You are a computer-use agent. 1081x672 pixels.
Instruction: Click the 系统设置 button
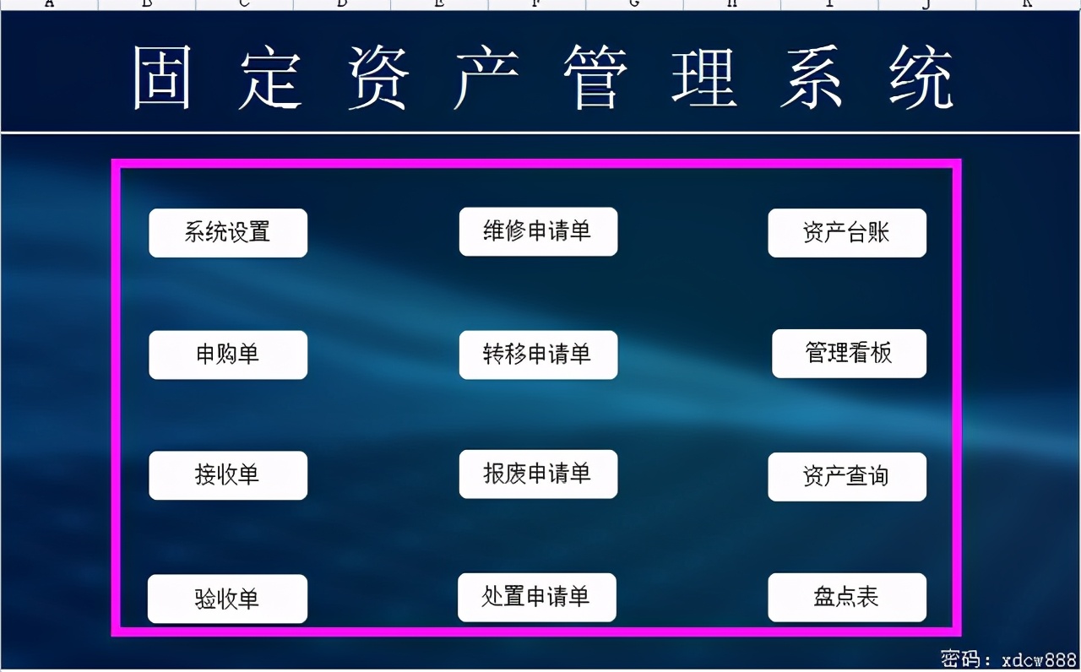pos(228,232)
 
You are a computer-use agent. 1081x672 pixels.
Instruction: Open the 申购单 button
pos(228,355)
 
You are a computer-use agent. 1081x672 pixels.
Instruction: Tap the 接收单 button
pos(228,475)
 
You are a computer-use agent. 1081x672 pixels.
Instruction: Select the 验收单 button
pos(227,599)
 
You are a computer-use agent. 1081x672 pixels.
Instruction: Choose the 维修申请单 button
pos(538,231)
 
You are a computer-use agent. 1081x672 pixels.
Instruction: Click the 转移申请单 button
pos(538,355)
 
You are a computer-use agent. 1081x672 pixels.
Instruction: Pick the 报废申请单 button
pos(538,474)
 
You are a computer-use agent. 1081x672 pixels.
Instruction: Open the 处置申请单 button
pos(536,597)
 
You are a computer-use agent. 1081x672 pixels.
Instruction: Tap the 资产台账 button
pos(846,232)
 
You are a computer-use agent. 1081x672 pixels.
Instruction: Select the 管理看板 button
pos(849,353)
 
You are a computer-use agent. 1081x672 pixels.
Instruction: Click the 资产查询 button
pos(846,476)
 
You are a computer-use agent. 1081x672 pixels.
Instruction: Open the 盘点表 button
pos(846,597)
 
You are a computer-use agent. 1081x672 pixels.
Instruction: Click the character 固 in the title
pos(162,78)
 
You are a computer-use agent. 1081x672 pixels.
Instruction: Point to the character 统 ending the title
pos(922,78)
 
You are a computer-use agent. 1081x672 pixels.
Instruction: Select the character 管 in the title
pos(596,78)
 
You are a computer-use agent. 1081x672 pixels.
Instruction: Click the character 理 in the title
pos(705,78)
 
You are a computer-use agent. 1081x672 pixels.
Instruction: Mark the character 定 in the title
pos(270,78)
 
